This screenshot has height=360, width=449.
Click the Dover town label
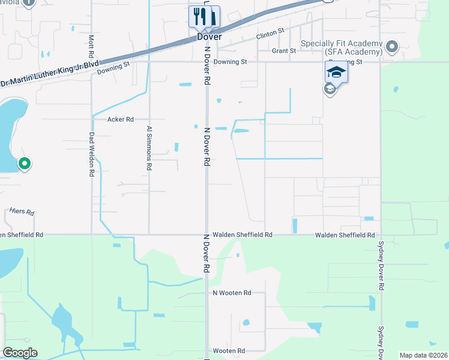pos(209,37)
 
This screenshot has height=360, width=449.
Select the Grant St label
pos(283,51)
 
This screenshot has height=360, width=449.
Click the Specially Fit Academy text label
pos(341,48)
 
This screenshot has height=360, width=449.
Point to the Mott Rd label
pos(91,44)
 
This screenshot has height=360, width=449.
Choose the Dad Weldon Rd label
pos(92,154)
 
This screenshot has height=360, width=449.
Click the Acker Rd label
pos(120,119)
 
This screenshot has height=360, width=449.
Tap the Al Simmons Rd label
pos(150,148)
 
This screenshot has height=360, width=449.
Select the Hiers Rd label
pos(22,212)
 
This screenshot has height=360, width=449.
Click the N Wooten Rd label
pos(231,293)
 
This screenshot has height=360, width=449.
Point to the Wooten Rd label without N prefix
pos(229,351)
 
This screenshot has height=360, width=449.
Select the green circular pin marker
pos(25,163)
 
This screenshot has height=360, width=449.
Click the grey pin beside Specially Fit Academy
pos(392,46)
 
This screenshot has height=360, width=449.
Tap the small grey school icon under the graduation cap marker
pos(329,89)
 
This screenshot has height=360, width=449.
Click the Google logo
pos(20,353)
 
